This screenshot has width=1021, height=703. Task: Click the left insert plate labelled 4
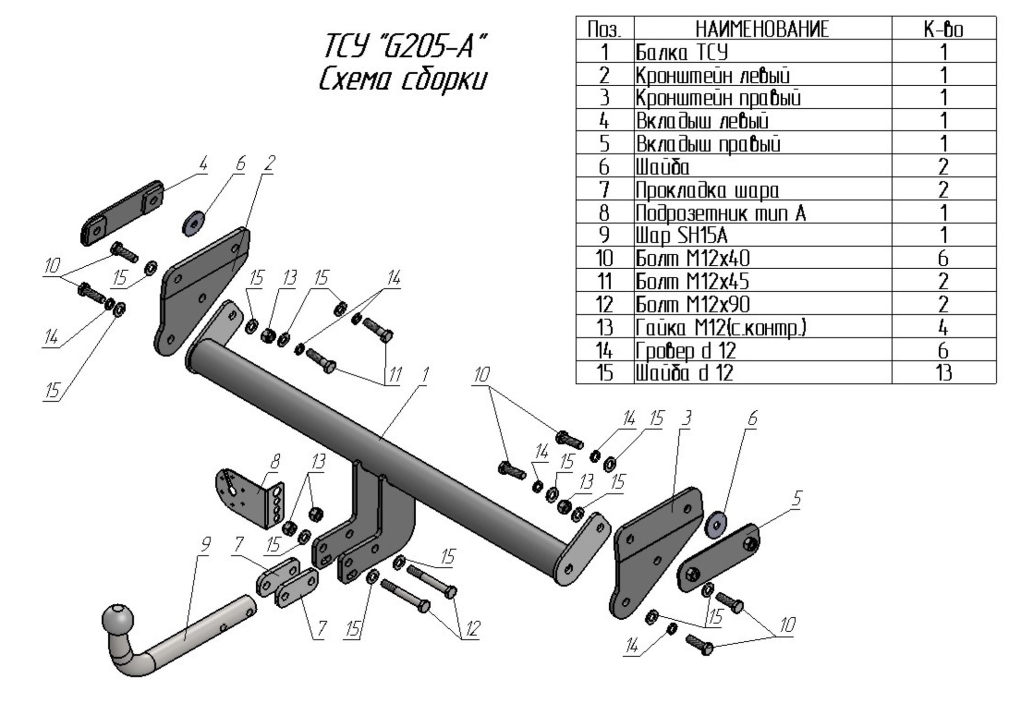(x=122, y=213)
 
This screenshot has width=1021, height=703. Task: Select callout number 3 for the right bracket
(x=686, y=418)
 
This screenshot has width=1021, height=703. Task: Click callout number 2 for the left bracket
(x=270, y=163)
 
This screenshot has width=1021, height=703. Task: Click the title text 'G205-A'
(x=428, y=46)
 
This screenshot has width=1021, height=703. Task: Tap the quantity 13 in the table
(x=943, y=373)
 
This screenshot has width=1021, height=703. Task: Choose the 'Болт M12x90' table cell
(x=692, y=304)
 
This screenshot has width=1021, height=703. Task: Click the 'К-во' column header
(x=943, y=29)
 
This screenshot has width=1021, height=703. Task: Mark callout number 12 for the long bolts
(x=472, y=630)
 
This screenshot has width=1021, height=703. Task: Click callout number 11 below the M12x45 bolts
(x=394, y=375)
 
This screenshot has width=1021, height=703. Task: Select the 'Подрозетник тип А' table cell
(x=720, y=213)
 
